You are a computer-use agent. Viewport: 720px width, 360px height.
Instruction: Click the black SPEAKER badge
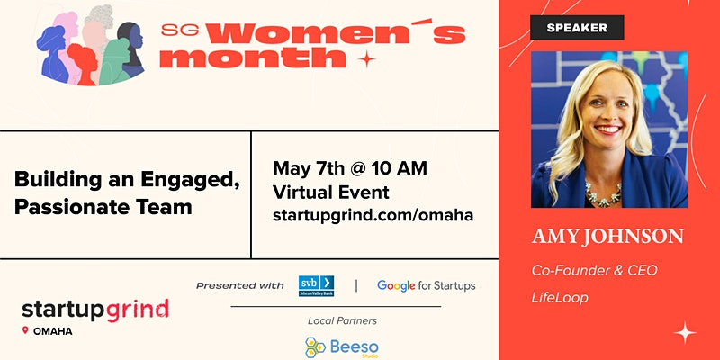coord(577,28)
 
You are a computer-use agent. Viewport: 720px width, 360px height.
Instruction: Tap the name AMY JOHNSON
coord(608,237)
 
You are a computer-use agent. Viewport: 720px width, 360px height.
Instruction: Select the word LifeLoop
coord(560,298)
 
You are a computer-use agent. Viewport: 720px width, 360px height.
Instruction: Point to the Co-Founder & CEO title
coord(595,271)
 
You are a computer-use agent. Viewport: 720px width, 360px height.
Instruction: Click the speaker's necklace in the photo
coord(602,193)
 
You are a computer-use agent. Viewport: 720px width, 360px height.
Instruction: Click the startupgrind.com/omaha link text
coord(373,215)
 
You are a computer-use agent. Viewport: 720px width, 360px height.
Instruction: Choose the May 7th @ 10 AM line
coord(350,168)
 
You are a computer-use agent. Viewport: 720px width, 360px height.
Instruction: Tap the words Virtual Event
coord(331,192)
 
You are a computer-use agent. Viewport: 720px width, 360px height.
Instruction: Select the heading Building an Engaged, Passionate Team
coord(127,193)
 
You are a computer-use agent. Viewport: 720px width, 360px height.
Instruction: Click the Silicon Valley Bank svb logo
coord(316,285)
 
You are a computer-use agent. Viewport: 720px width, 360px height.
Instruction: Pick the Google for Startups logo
coord(426,285)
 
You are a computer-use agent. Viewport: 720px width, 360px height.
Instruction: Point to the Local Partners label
coord(342,320)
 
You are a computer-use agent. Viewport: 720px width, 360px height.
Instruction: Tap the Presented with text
coord(240,285)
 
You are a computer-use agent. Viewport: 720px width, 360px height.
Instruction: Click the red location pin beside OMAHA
coord(25,330)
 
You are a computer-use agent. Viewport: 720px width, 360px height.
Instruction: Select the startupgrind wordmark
coord(95,310)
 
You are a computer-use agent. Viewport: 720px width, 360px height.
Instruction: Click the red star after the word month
coord(366,59)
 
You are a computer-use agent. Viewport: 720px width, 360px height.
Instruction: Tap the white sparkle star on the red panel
coord(685,332)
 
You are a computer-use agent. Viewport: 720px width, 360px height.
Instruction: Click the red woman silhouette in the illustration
coord(84,63)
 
